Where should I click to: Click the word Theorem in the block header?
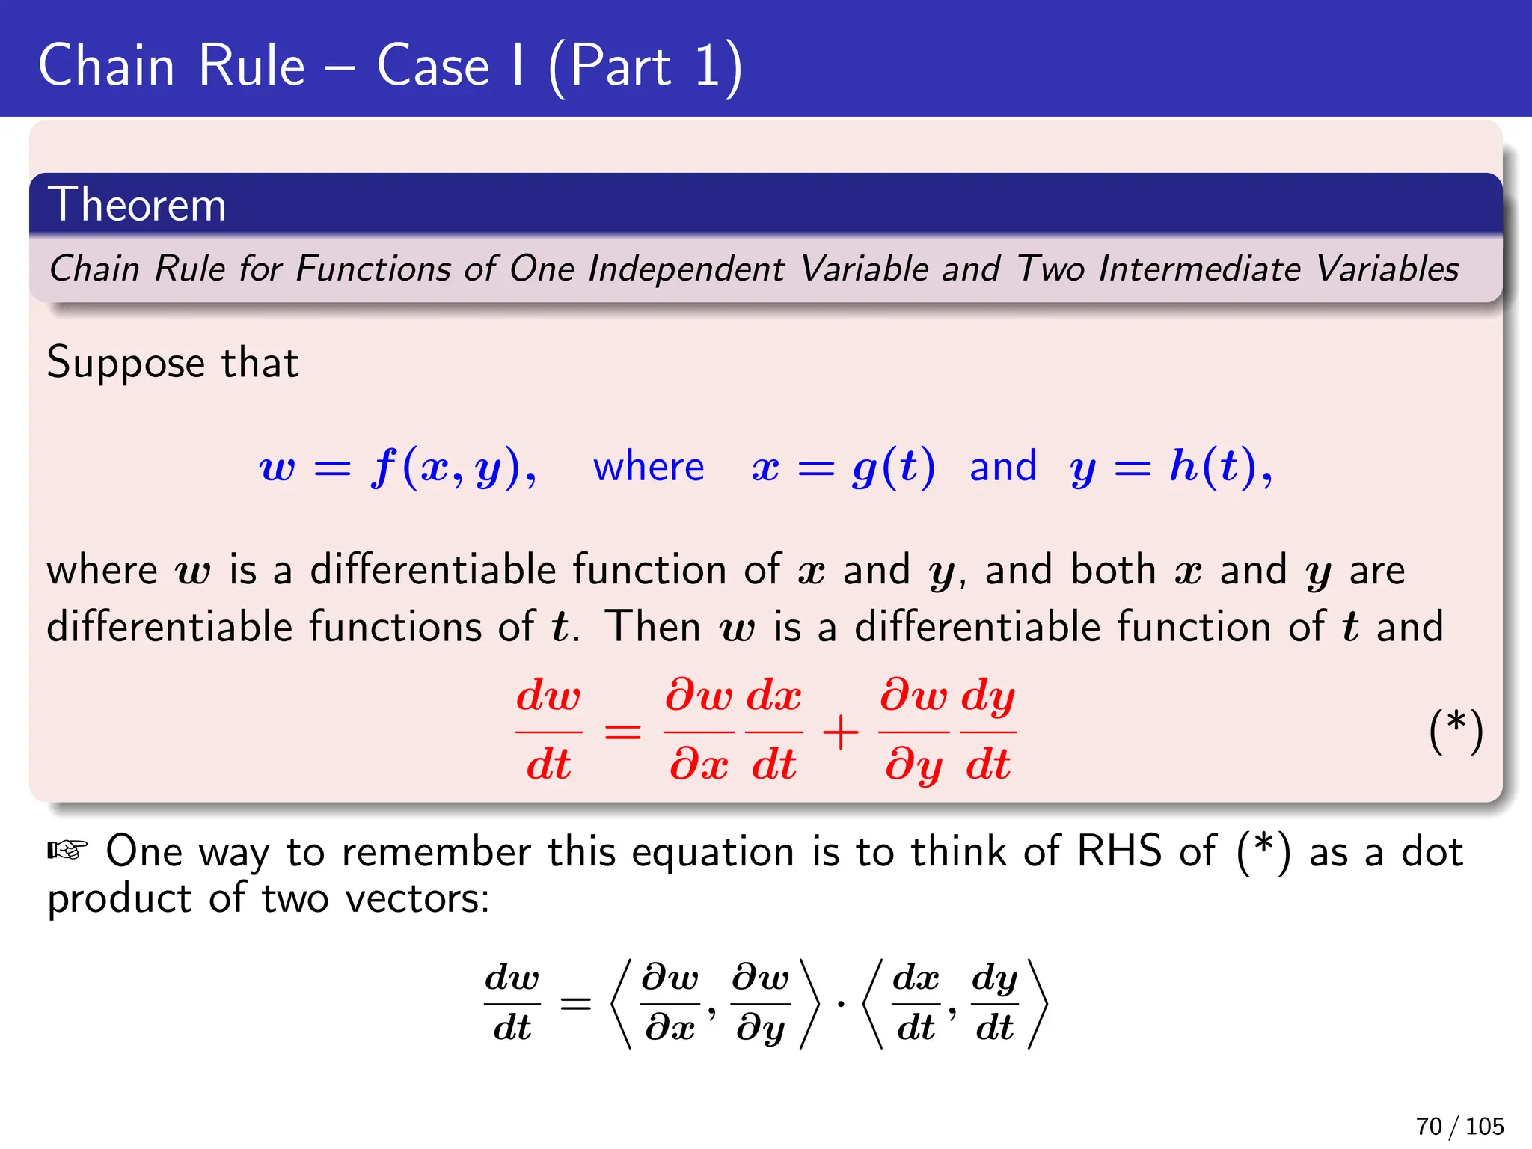pos(137,204)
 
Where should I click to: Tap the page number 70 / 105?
pos(1459,1126)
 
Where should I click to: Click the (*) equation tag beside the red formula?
pos(1455,731)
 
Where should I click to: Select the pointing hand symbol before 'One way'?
pos(68,851)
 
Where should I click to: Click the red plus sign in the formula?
pos(840,732)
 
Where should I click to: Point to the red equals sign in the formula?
pos(622,732)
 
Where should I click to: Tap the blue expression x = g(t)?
pos(843,467)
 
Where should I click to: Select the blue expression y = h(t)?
pos(1170,467)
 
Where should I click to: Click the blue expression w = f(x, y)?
pos(397,467)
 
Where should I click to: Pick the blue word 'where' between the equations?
pos(649,467)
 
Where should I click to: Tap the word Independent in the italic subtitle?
pos(686,269)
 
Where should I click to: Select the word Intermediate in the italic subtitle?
pos(1199,269)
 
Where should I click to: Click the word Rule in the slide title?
pos(252,66)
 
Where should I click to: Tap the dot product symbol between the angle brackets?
pos(841,1004)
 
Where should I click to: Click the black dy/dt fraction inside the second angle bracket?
pos(994,1003)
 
